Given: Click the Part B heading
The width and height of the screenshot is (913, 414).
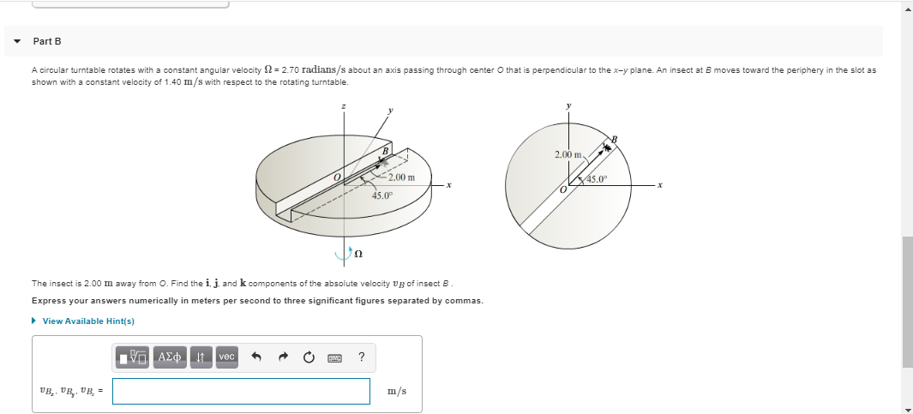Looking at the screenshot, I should coord(47,41).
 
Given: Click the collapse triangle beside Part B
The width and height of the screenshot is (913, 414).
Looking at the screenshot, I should coord(17,41).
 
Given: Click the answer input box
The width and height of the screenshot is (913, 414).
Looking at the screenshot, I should coord(241,391).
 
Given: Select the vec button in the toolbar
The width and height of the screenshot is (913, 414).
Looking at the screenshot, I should coord(226,357).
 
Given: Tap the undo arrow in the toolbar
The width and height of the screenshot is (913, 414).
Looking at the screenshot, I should coord(255,357).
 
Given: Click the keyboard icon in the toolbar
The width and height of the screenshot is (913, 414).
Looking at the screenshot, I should coord(335,357).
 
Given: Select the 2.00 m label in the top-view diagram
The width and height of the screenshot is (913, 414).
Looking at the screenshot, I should coord(568,154).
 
